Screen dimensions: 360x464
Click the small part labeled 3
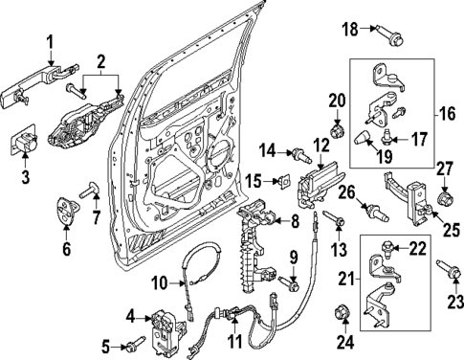click(x=25, y=144)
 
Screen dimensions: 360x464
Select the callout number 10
click(x=160, y=281)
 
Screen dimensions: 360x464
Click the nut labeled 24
click(x=342, y=312)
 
